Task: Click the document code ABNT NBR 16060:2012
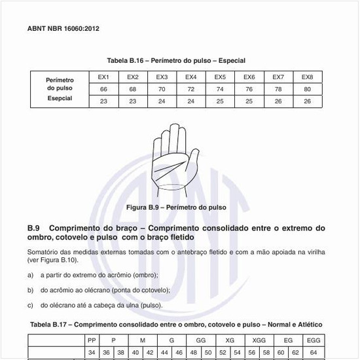[63, 29]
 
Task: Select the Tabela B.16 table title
[179, 60]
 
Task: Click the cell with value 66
[103, 88]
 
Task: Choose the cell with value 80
[307, 88]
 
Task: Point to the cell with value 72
[191, 88]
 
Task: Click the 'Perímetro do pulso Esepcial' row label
[60, 89]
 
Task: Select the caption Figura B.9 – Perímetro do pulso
[176, 207]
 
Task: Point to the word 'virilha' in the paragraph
[314, 252]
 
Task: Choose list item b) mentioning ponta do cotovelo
[105, 290]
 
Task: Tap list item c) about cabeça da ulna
[101, 305]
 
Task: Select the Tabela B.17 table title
[176, 325]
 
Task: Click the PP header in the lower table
[92, 341]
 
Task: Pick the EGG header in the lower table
[314, 341]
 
